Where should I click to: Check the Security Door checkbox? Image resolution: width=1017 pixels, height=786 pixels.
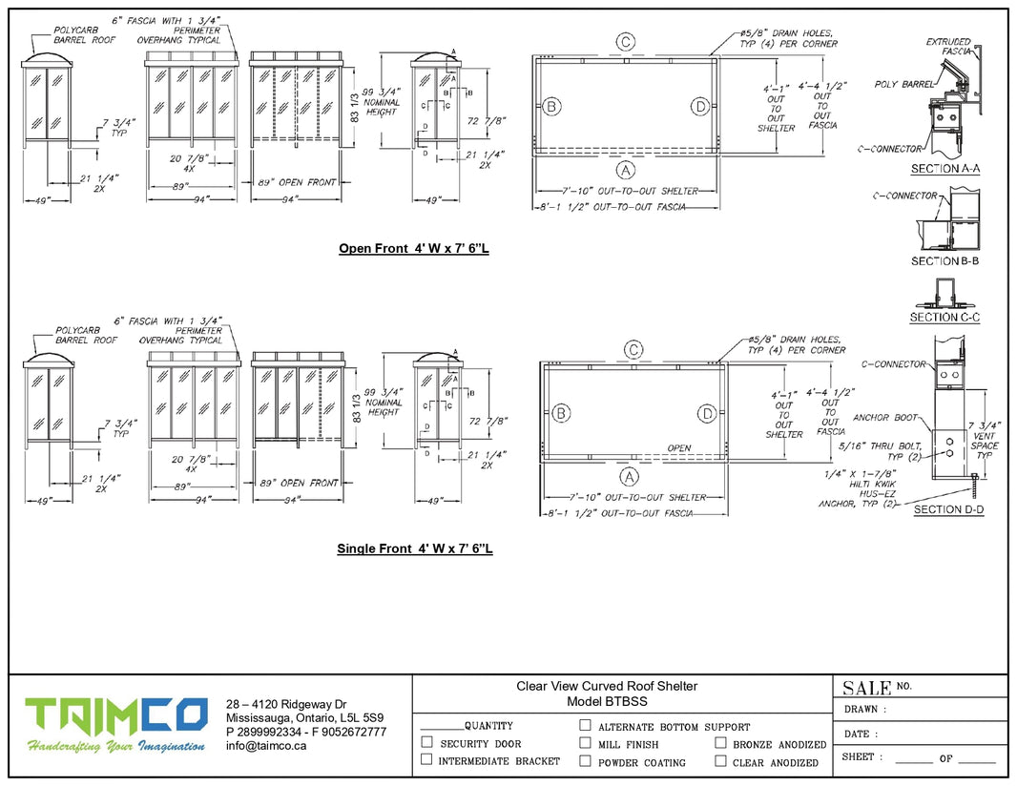(427, 742)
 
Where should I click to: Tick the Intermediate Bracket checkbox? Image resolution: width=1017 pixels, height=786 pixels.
(427, 760)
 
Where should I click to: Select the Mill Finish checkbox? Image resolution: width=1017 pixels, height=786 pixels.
(586, 743)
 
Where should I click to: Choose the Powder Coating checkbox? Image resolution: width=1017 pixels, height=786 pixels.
(586, 761)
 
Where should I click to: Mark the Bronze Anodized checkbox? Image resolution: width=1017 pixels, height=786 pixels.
(721, 743)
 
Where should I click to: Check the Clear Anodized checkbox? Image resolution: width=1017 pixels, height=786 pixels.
(721, 761)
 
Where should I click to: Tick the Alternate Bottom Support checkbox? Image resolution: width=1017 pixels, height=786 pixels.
(586, 726)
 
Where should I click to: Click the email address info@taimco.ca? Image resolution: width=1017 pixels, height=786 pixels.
(266, 747)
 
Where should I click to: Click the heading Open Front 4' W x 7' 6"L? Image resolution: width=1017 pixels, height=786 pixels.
(415, 249)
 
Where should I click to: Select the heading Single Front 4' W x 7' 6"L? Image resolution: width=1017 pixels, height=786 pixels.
(414, 549)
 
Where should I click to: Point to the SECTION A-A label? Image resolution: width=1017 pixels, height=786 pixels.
(946, 169)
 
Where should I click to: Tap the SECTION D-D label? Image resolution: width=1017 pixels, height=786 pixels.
(948, 510)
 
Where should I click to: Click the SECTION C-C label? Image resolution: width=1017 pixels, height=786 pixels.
(944, 318)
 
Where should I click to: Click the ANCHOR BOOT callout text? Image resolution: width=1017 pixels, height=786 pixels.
(884, 418)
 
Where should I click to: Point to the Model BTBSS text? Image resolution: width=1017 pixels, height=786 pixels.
(607, 702)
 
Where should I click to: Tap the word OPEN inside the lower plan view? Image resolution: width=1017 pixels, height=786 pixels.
(679, 448)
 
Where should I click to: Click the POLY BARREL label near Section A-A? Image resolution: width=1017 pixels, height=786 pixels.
(904, 85)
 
